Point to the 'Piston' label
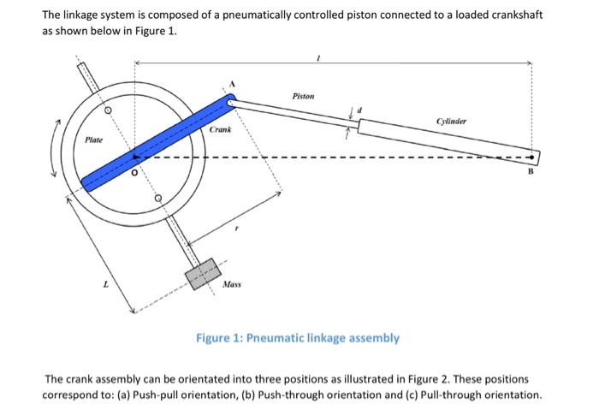point(304,97)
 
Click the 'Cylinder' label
point(452,122)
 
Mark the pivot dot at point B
point(535,158)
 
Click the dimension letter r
point(238,229)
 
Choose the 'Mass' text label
point(230,283)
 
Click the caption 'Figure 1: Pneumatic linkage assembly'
point(298,337)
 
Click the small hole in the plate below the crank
point(158,199)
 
